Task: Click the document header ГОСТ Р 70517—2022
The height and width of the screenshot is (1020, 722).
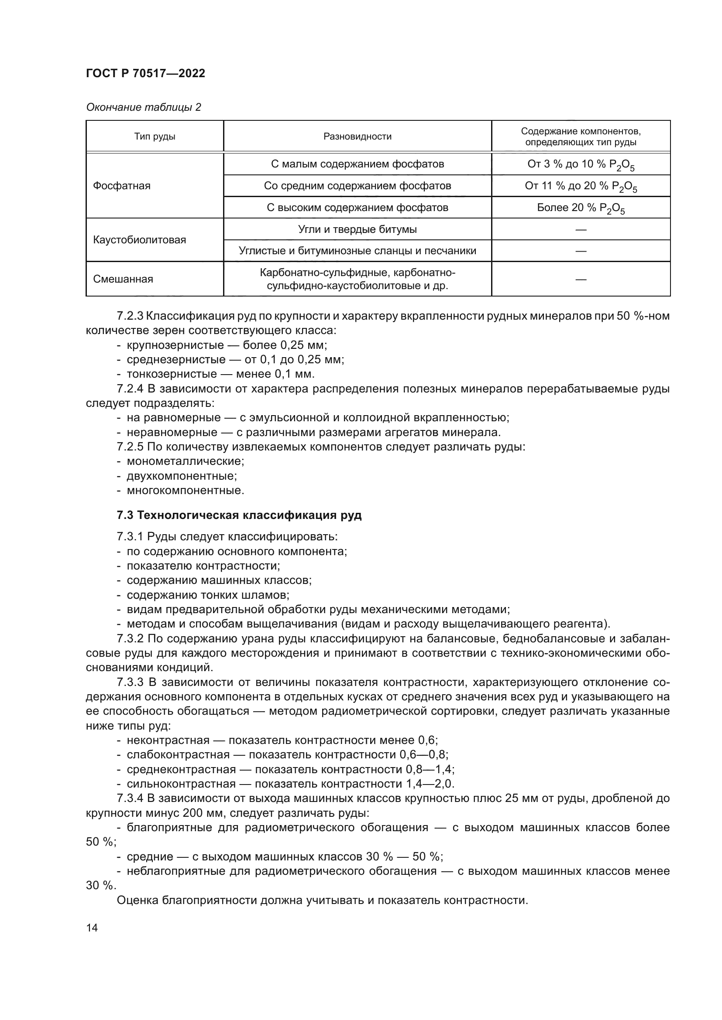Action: pos(145,74)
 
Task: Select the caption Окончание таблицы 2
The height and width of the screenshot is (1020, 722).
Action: pos(144,108)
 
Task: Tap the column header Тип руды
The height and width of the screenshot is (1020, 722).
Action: pos(155,137)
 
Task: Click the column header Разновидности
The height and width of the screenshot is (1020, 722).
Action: pos(358,137)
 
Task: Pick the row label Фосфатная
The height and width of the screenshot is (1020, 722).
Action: pos(122,186)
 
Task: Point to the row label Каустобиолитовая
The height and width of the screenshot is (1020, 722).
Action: pos(140,240)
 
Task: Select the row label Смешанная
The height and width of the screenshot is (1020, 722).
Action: pos(123,280)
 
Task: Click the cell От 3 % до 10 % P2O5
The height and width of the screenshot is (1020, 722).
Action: pos(581,165)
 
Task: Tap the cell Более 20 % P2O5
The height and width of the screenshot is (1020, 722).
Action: pos(581,208)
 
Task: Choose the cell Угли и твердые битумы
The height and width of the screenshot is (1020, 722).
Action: pos(358,230)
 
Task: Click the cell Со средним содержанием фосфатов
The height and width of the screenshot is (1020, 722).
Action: pos(358,186)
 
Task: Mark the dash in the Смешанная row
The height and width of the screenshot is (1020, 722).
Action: pos(581,280)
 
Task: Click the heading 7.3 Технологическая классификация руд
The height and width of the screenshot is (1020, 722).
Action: pos(239,515)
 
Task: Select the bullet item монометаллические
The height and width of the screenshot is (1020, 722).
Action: pos(186,461)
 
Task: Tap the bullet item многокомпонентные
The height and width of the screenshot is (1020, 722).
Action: pos(186,491)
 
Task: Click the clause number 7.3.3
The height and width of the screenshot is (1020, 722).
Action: pos(130,682)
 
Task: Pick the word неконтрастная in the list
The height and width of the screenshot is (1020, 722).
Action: pos(168,740)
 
